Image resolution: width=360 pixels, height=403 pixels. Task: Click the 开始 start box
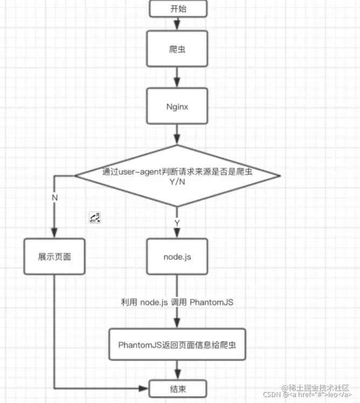pyautogui.click(x=177, y=8)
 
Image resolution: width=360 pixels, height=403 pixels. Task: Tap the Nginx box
pyautogui.click(x=177, y=106)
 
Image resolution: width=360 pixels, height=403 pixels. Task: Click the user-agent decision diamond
pyautogui.click(x=177, y=175)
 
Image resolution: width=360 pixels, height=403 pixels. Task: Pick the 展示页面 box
pyautogui.click(x=54, y=257)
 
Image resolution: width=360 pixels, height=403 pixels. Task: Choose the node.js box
pyautogui.click(x=177, y=257)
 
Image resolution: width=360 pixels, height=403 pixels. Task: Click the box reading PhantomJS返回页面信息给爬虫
pyautogui.click(x=177, y=344)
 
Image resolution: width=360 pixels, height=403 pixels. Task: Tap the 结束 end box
pyautogui.click(x=177, y=388)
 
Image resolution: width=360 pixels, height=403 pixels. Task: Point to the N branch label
pyautogui.click(x=54, y=197)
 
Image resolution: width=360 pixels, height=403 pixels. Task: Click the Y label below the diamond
pyautogui.click(x=177, y=223)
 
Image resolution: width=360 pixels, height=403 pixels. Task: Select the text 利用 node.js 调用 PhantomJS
pyautogui.click(x=177, y=302)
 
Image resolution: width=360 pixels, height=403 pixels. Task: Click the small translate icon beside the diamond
pyautogui.click(x=95, y=218)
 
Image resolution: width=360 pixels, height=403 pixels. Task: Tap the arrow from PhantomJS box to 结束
pyautogui.click(x=177, y=371)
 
